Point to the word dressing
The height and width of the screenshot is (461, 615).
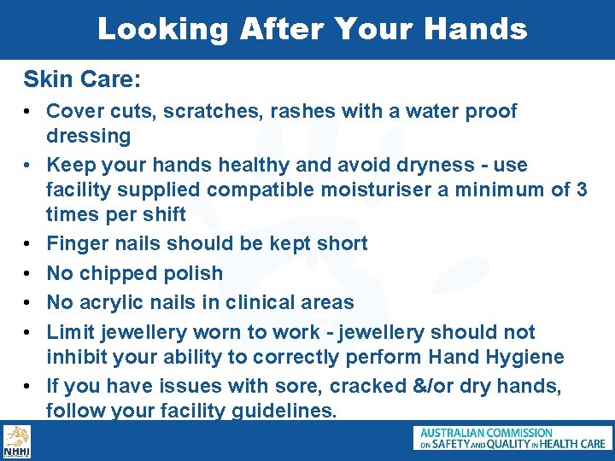[x=88, y=136]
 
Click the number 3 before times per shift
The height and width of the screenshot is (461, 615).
[x=581, y=190]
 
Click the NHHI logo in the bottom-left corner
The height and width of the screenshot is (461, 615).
[x=16, y=441]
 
